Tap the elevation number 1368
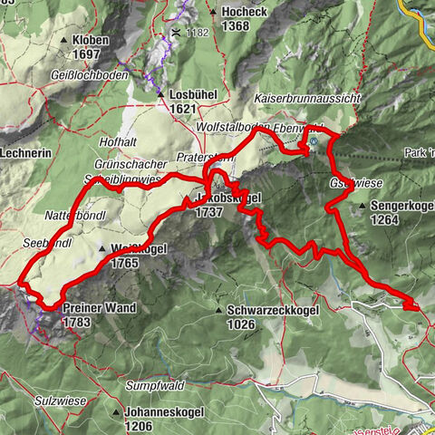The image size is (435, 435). (x=234, y=26)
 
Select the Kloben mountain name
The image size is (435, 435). (x=91, y=41)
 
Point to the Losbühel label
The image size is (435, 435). (x=190, y=93)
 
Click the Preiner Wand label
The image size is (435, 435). (x=100, y=308)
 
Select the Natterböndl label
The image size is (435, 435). (x=73, y=215)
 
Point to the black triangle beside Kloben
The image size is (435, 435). (x=63, y=42)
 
